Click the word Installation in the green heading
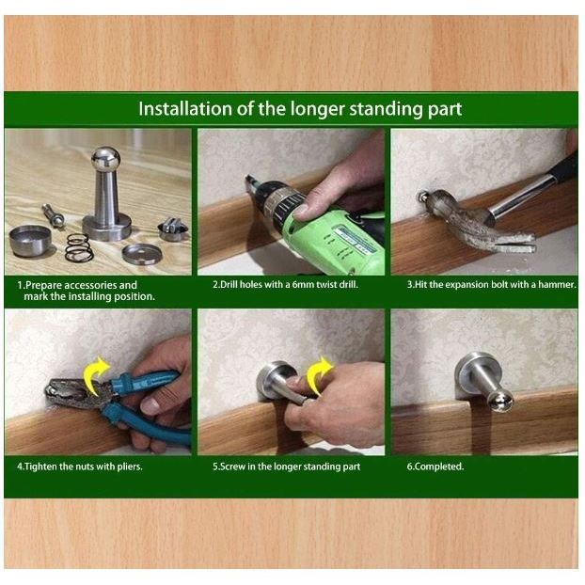tap(185, 108)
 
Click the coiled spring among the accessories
tap(79, 247)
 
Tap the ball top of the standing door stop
tap(106, 159)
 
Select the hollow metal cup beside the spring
tap(30, 241)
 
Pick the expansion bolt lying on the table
tap(54, 214)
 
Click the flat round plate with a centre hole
tap(142, 254)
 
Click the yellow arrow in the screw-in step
tap(318, 375)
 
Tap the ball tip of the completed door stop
tap(502, 400)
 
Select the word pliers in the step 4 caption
tap(130, 466)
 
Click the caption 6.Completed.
tap(435, 466)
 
